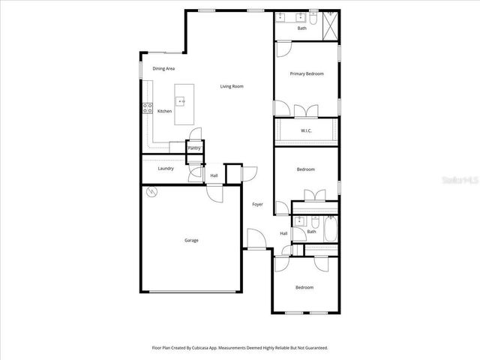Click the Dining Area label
coord(163,68)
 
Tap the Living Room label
coord(232,86)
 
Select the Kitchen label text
coord(164,111)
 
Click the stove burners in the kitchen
coord(147,109)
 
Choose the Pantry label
coord(193,148)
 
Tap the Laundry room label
coord(166,168)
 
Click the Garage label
coord(192,240)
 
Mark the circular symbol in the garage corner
coord(151,192)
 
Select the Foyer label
coord(257,204)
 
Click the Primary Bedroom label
coord(307,73)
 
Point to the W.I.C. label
coord(306,130)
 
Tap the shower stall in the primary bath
coord(329,27)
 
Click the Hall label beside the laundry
coord(214,175)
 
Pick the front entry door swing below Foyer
coord(256,240)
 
